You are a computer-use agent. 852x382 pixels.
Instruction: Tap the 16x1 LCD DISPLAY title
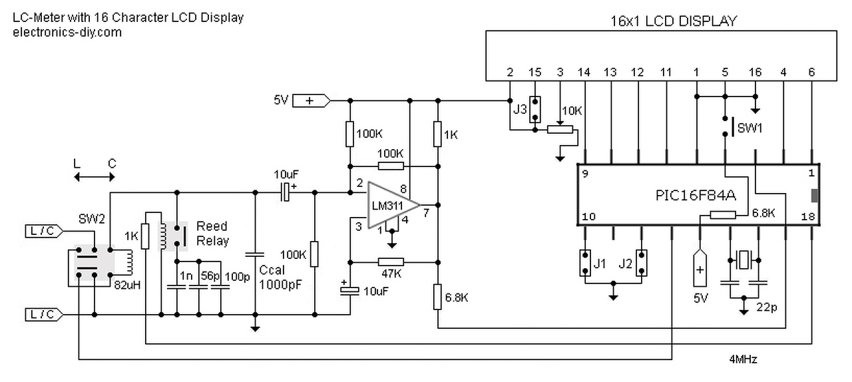point(674,21)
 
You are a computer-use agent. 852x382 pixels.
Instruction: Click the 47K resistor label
point(391,273)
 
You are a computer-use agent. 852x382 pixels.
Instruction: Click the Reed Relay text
point(212,234)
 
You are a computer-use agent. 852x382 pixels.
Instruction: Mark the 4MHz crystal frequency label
point(743,359)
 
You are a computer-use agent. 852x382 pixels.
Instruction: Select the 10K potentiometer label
point(572,110)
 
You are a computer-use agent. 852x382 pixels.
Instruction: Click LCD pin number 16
point(755,72)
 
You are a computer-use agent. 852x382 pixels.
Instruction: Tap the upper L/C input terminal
point(44,232)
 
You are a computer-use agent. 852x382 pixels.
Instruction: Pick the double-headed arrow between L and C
point(95,176)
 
